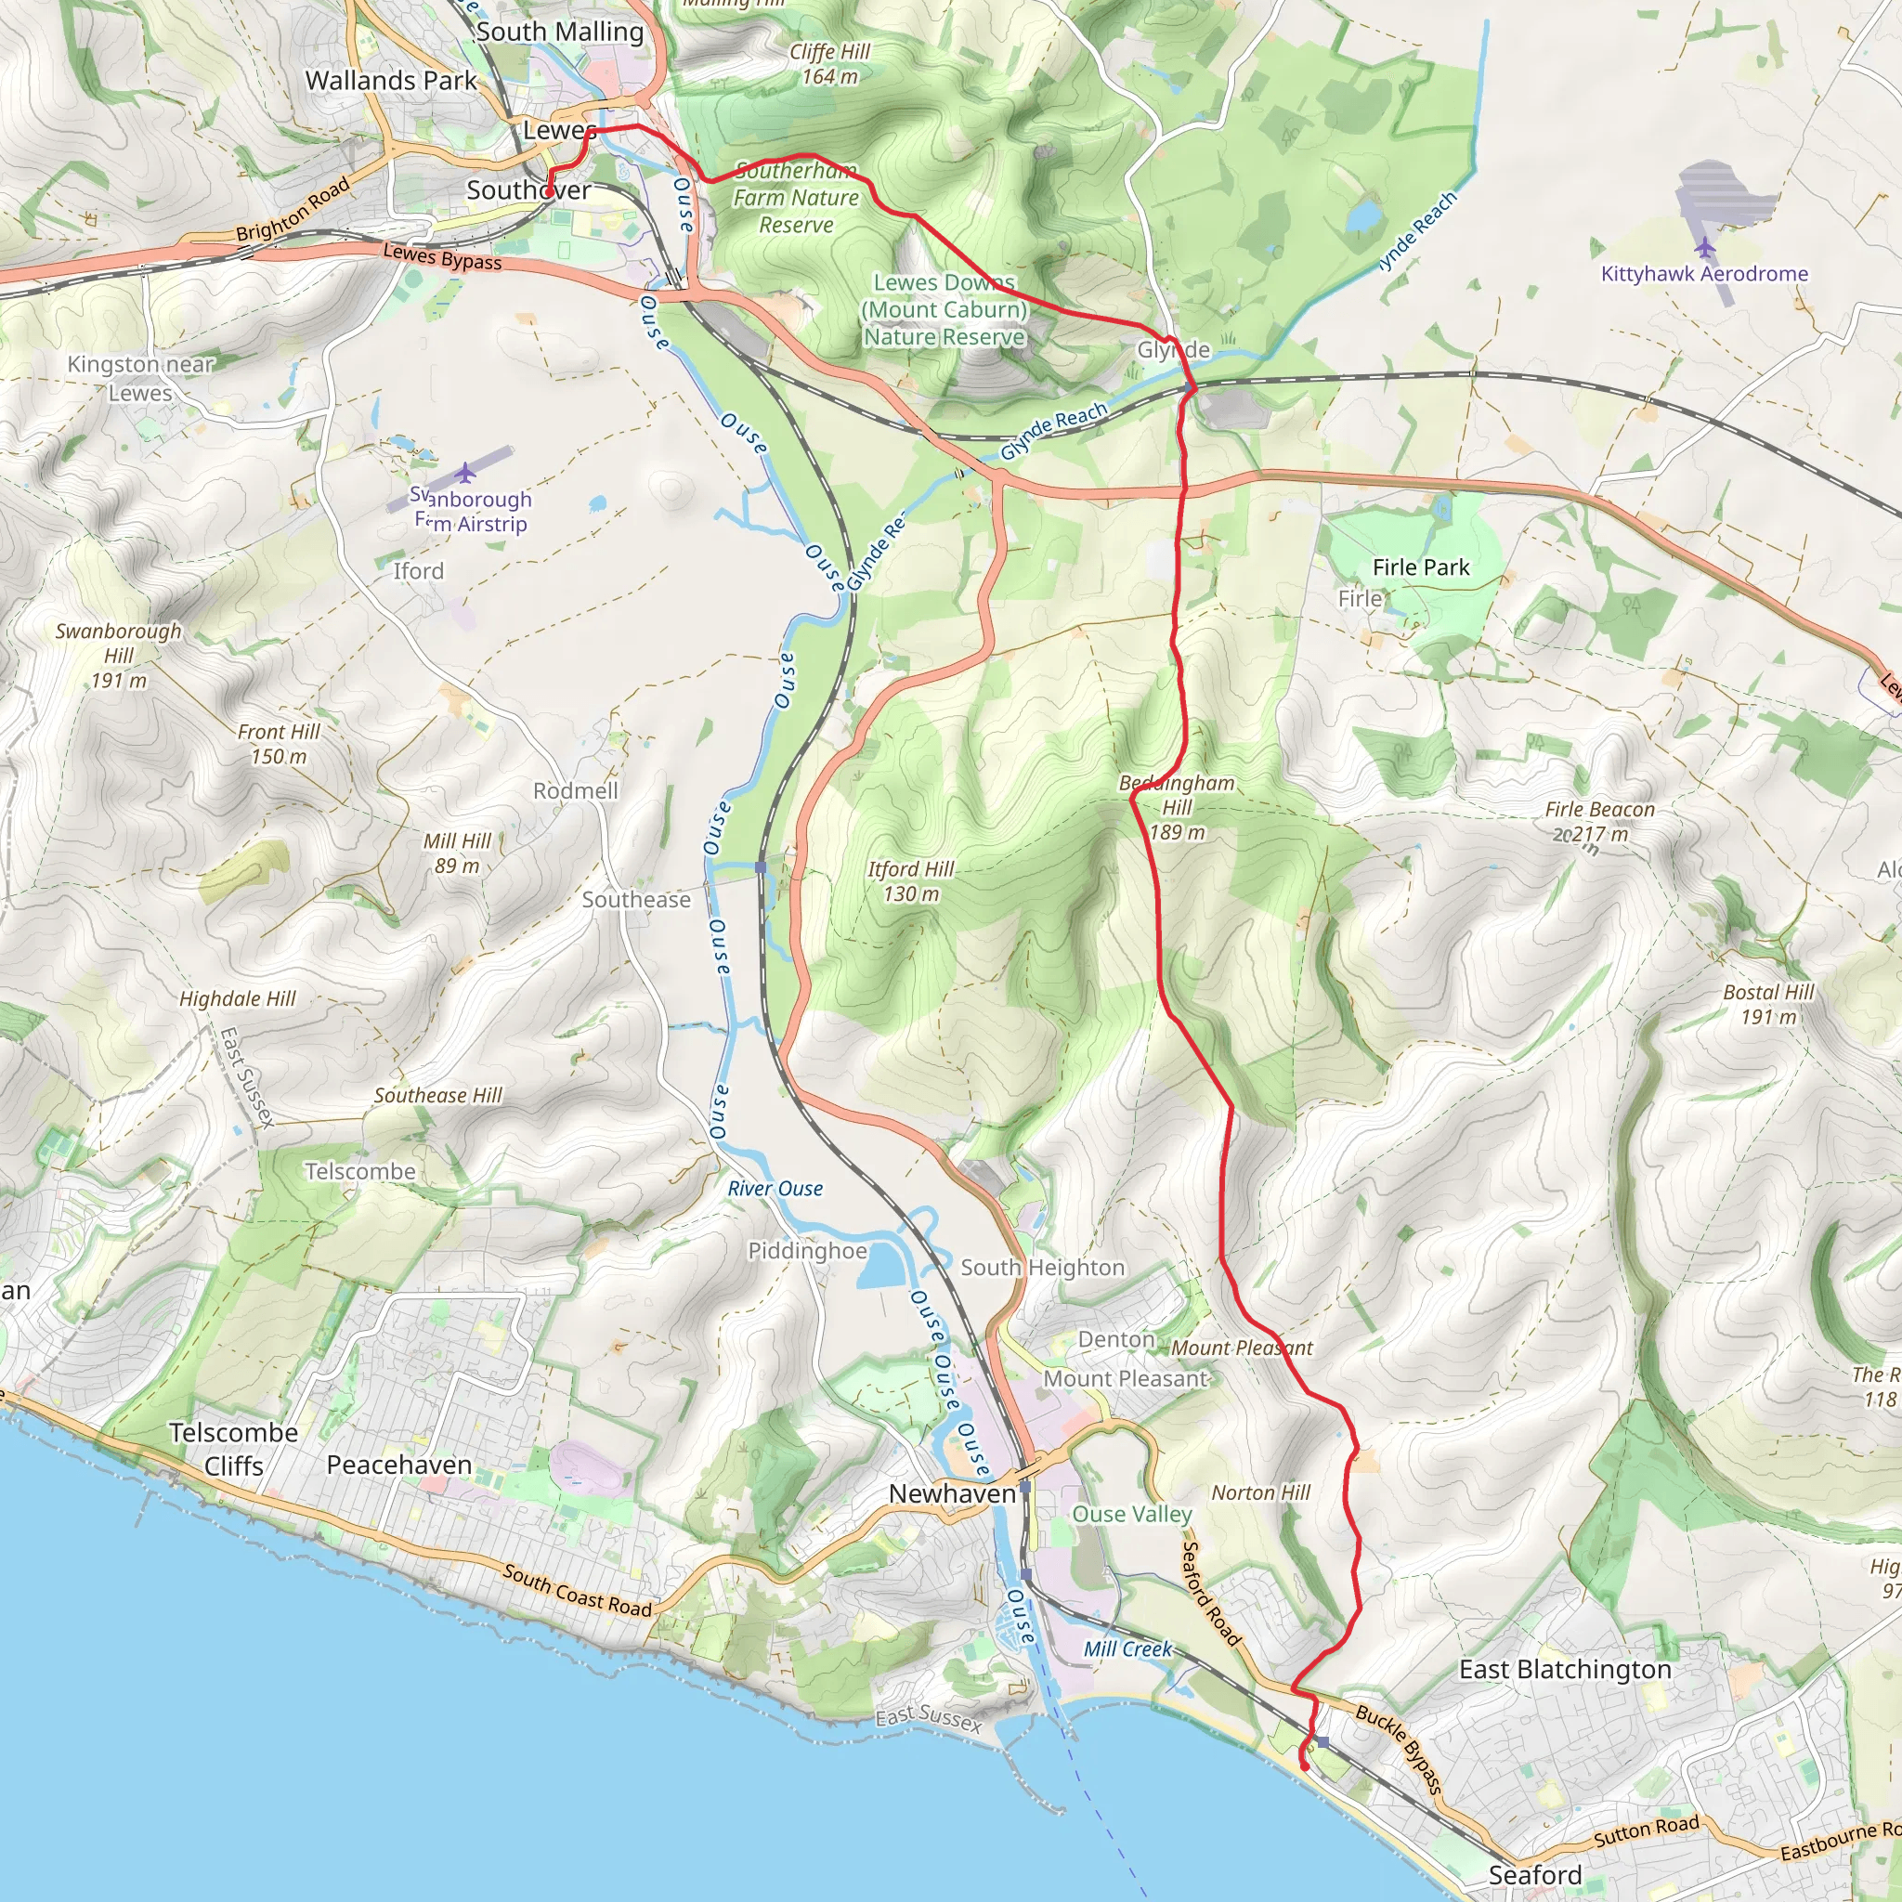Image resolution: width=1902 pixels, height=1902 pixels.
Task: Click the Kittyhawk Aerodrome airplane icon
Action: [x=1705, y=245]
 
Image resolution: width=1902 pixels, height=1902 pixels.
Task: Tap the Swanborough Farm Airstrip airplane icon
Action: [x=465, y=474]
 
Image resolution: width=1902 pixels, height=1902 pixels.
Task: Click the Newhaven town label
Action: [x=952, y=1493]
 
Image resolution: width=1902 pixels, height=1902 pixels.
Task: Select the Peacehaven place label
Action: [x=398, y=1465]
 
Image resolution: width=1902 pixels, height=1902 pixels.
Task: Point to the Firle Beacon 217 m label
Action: [x=1599, y=821]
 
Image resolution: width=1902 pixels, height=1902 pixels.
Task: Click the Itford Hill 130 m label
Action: [x=911, y=881]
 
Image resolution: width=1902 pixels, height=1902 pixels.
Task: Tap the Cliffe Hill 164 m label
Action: [x=829, y=64]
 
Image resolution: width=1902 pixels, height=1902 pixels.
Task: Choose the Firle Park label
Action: [x=1421, y=567]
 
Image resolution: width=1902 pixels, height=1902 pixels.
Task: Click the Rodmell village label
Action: [x=575, y=790]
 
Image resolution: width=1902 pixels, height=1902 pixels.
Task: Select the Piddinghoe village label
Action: [x=807, y=1250]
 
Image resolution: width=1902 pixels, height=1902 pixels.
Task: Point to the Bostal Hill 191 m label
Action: [x=1768, y=1004]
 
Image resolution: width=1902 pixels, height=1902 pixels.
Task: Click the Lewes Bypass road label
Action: [x=442, y=258]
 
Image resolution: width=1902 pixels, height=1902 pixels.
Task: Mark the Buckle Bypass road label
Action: [x=1398, y=1749]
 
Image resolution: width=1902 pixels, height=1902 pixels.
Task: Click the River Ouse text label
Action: [x=775, y=1188]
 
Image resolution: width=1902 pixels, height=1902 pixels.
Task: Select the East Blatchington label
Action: [x=1564, y=1670]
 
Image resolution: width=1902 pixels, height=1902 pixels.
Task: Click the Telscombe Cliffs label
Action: [x=233, y=1449]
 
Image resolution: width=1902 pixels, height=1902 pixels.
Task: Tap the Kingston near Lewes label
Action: [x=140, y=378]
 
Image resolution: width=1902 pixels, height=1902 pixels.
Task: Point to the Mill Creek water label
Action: [x=1127, y=1649]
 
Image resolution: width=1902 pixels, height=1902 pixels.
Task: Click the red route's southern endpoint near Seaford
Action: [x=1306, y=1767]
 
